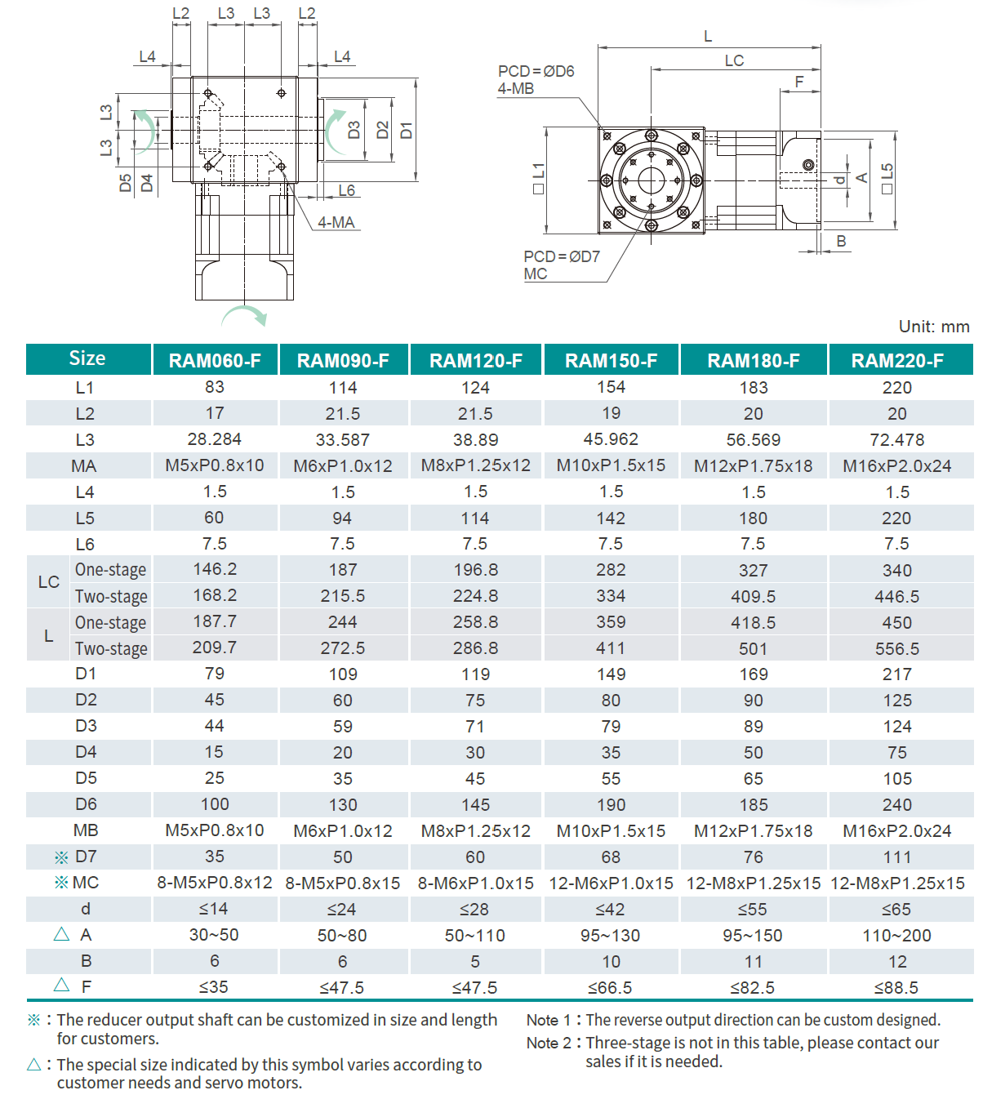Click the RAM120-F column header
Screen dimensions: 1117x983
point(475,360)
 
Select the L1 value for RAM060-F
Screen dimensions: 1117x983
point(215,387)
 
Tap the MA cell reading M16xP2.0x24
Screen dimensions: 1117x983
point(896,465)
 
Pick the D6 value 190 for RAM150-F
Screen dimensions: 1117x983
point(611,804)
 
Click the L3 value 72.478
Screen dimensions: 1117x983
point(896,440)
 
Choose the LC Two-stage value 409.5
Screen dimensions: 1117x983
point(753,597)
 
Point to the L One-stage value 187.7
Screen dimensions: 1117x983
point(215,622)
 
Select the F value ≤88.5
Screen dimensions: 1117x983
point(896,987)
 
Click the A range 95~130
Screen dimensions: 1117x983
point(611,935)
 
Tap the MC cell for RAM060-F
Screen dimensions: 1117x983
point(215,883)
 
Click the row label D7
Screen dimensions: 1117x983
point(86,857)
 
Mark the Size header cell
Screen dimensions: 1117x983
point(87,358)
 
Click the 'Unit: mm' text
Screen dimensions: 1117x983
point(933,327)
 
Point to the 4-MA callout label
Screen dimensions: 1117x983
point(336,222)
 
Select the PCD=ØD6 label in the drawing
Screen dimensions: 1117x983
point(536,72)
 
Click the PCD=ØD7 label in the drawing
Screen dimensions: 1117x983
point(562,256)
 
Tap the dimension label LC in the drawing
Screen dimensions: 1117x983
point(734,60)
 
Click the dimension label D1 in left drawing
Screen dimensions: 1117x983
point(406,130)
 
